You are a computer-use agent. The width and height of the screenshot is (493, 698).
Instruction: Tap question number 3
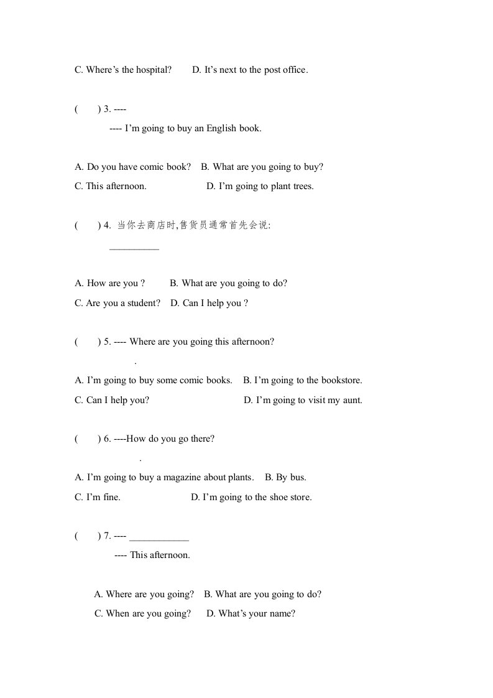107,109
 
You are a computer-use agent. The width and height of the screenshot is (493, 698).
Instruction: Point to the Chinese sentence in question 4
194,225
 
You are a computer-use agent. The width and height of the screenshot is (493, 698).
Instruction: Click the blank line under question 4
134,248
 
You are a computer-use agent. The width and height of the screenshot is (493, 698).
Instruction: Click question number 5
107,342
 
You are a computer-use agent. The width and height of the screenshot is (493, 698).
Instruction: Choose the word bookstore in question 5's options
341,380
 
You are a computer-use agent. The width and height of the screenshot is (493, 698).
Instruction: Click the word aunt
352,400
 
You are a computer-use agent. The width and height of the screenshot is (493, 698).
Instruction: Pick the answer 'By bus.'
285,477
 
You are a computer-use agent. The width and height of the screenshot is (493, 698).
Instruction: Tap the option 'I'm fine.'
98,497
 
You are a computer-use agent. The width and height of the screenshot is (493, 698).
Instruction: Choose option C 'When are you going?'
142,613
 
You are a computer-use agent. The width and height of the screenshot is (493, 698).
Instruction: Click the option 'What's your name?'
251,613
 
